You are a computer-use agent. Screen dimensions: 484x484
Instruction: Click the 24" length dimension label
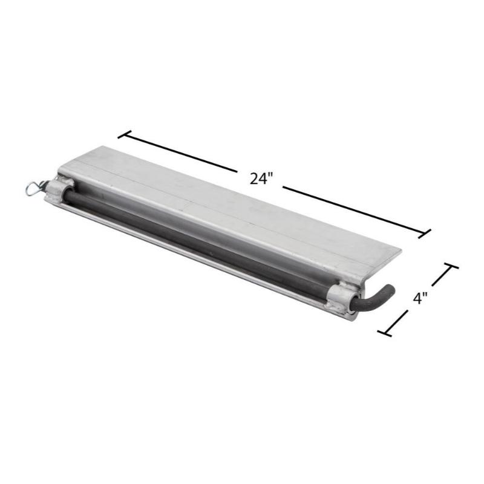click(261, 178)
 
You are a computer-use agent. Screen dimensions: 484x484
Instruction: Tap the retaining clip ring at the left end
click(33, 188)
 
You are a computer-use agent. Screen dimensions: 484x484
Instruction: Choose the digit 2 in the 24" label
click(254, 178)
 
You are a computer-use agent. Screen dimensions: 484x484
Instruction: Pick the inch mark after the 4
click(427, 295)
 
